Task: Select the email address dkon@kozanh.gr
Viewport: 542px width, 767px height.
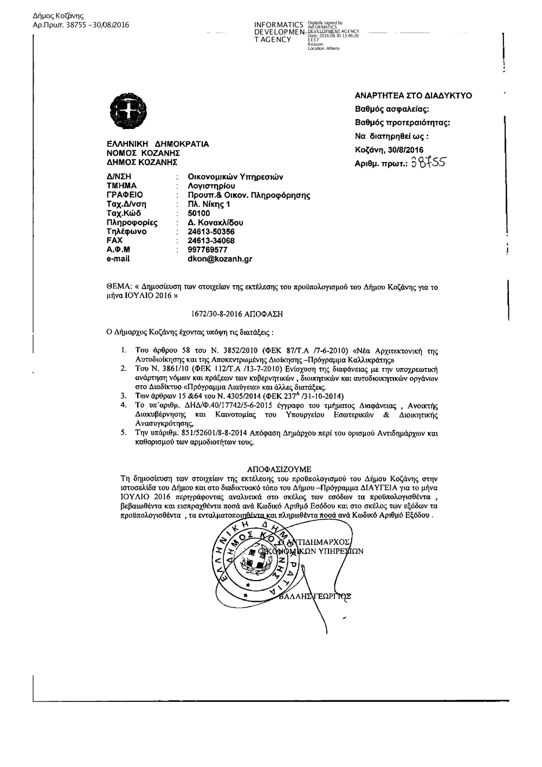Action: click(220, 259)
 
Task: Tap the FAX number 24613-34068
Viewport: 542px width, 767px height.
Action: click(211, 241)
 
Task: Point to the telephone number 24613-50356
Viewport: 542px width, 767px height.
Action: click(211, 231)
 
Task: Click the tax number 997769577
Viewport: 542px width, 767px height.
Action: click(207, 250)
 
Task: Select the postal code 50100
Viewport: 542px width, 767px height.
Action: click(198, 213)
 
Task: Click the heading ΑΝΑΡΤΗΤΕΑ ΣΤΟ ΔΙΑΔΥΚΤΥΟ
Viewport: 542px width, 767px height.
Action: click(413, 95)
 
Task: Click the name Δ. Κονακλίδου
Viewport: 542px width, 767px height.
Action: click(215, 222)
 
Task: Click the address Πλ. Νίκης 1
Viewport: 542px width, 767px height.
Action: click(209, 204)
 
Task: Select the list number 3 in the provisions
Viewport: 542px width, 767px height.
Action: click(124, 396)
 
